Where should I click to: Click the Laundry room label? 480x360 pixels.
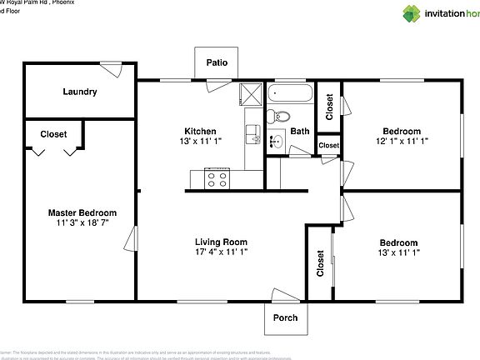80,92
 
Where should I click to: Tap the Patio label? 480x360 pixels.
217,62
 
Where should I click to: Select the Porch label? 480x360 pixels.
286,317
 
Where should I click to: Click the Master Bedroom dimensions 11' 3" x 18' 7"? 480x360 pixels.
82,224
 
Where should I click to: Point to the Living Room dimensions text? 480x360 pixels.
221,251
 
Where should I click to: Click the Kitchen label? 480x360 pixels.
200,132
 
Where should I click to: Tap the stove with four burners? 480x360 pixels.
217,177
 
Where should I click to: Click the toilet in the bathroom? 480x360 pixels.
281,117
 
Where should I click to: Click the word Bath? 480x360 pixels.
300,132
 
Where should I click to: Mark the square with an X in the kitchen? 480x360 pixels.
250,93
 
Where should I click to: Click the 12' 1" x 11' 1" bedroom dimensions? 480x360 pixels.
402,142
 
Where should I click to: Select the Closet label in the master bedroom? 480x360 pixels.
53,133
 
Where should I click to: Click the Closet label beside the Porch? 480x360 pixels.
320,263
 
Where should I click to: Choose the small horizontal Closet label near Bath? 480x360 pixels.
328,146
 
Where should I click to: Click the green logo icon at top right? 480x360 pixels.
412,12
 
